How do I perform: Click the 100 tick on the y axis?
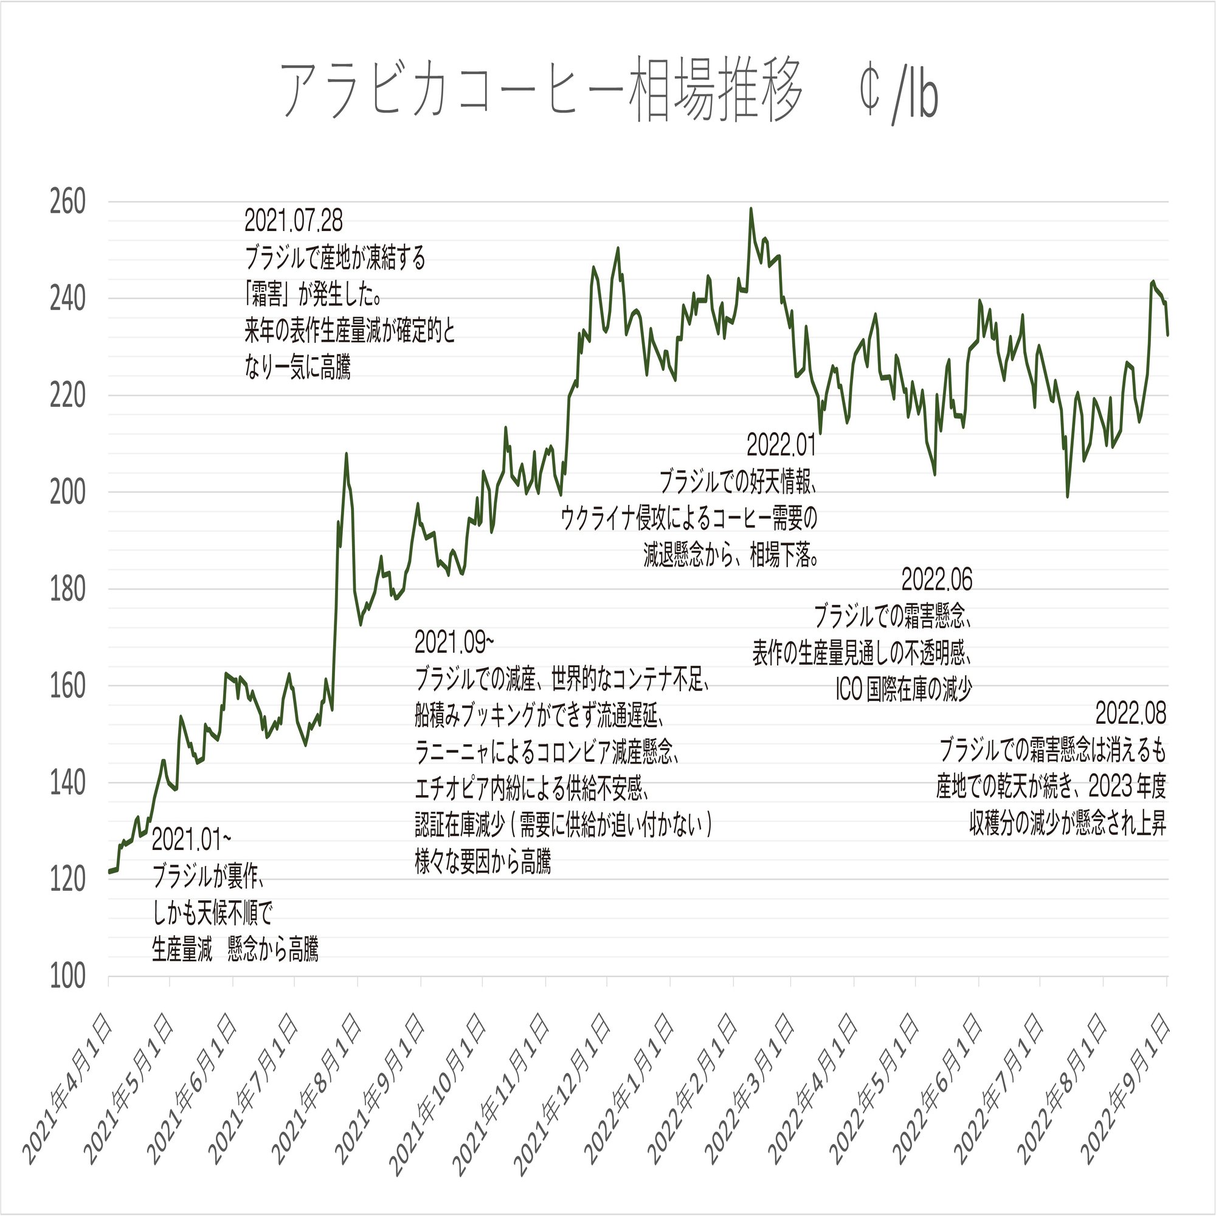(x=67, y=977)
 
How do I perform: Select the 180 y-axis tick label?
(x=67, y=590)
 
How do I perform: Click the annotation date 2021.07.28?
(x=293, y=221)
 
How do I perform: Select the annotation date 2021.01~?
(x=192, y=840)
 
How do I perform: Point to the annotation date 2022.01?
(x=781, y=446)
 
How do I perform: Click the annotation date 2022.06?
(x=936, y=579)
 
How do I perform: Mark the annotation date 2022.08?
(x=1130, y=714)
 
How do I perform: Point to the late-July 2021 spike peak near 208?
(x=346, y=453)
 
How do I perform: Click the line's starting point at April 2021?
(x=109, y=872)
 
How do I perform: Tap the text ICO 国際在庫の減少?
(x=903, y=691)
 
